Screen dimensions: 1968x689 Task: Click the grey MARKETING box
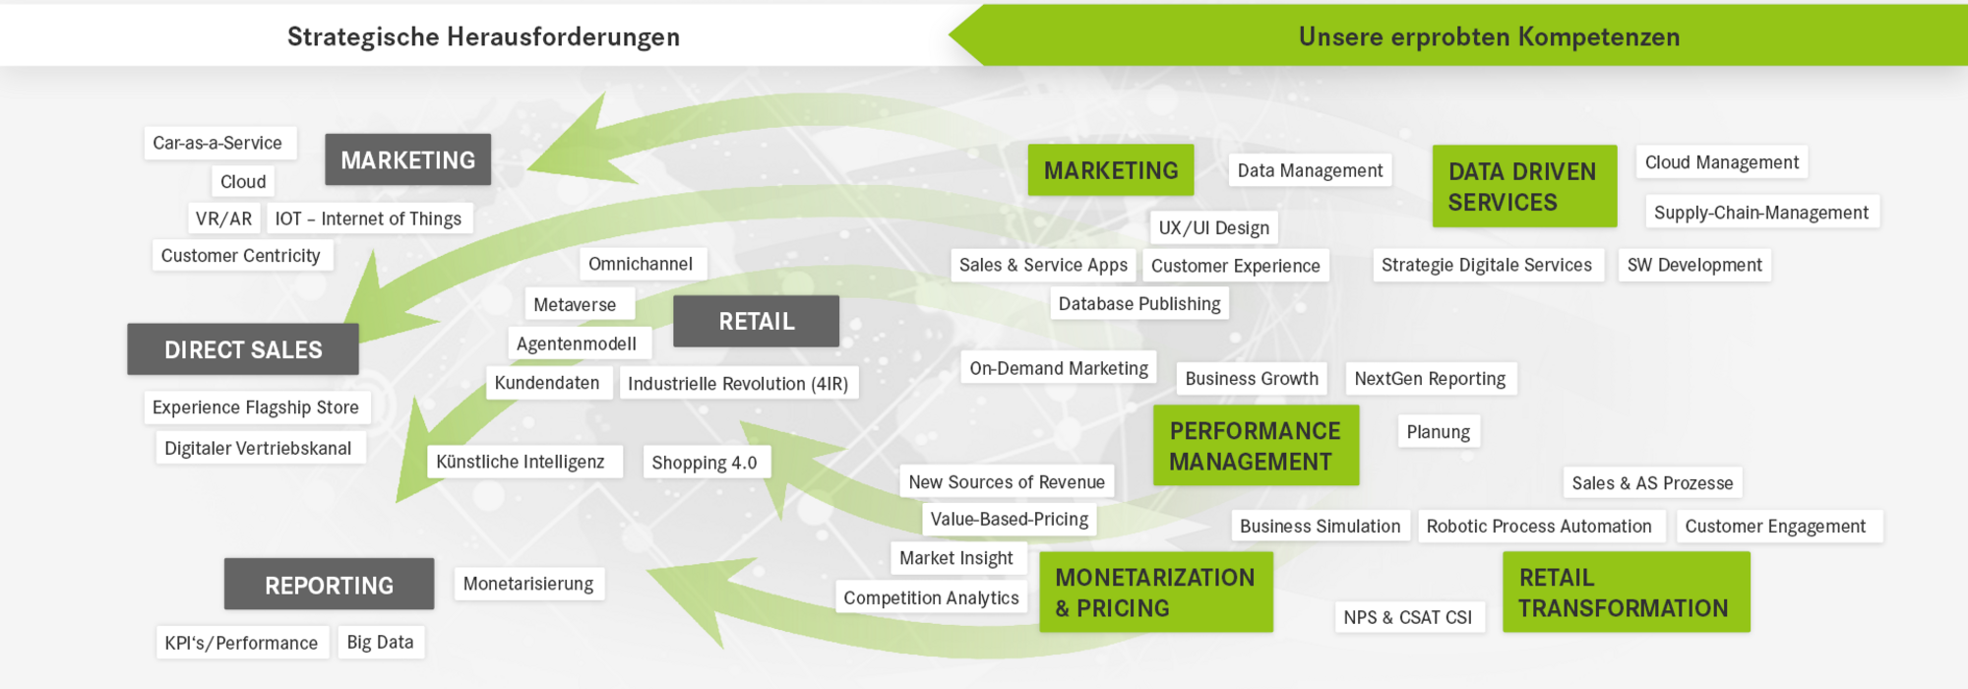[x=407, y=159]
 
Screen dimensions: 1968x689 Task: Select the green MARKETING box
[x=1111, y=170]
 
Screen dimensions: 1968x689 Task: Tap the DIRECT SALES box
[x=243, y=349]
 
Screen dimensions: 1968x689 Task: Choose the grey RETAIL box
[x=756, y=321]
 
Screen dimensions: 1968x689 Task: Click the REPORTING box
[x=329, y=585]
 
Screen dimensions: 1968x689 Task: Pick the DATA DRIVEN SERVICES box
[x=1524, y=186]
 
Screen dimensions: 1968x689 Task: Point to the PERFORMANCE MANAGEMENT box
[x=1256, y=445]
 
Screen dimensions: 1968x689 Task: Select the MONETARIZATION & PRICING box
[x=1156, y=592]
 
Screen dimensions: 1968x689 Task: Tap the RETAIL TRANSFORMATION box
[x=1626, y=592]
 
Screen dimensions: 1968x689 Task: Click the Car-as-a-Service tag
[x=219, y=143]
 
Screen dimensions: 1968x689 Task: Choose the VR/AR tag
[x=223, y=219]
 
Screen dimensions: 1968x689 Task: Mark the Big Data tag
[x=381, y=642]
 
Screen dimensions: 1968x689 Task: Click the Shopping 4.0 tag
[x=706, y=463]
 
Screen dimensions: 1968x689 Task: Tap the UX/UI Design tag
[x=1213, y=227]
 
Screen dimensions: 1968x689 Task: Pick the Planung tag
[x=1438, y=431]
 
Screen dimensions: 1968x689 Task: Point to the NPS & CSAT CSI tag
[x=1408, y=617]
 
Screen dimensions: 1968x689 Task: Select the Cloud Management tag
[x=1722, y=162]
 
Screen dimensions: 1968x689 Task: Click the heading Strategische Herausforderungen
[x=483, y=36]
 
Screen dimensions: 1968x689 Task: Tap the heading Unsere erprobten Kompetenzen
[x=1489, y=36]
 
